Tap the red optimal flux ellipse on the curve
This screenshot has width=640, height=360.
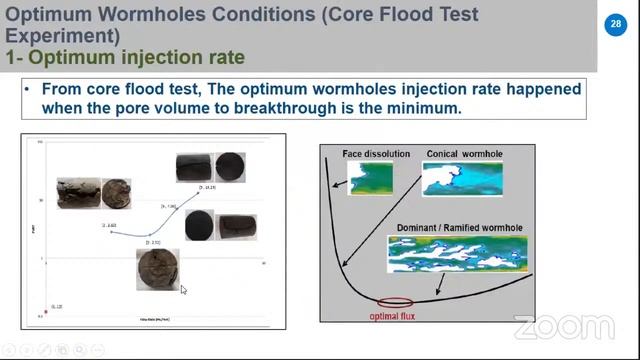click(395, 301)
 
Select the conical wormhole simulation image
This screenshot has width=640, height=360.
click(462, 179)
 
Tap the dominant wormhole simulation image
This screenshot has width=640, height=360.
click(457, 254)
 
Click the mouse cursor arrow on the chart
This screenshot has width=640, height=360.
click(183, 290)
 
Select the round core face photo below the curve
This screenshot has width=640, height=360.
click(157, 268)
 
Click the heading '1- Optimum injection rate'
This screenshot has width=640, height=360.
click(125, 57)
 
